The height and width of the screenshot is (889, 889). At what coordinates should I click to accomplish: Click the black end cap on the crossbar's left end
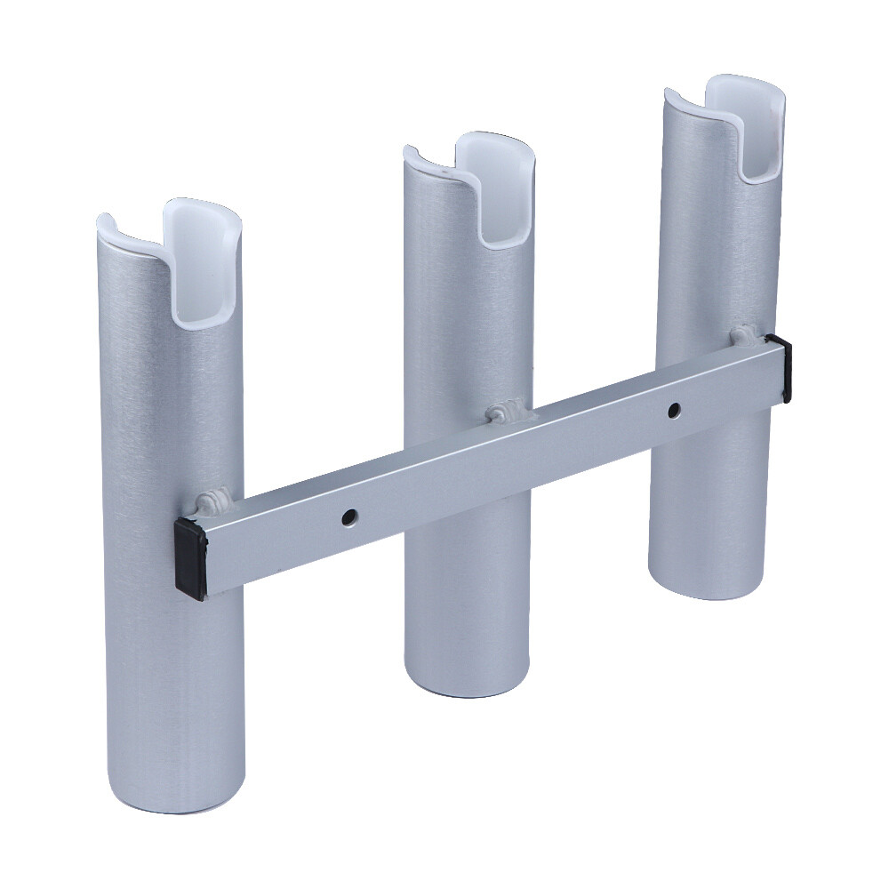tap(190, 558)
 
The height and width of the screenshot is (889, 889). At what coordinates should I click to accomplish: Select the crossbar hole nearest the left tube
tap(352, 515)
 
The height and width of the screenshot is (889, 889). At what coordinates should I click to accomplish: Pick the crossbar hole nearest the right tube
tap(674, 410)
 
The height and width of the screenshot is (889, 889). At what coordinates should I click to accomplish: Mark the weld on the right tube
tap(745, 337)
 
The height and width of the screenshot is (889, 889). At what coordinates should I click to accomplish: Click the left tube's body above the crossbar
tap(169, 391)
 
